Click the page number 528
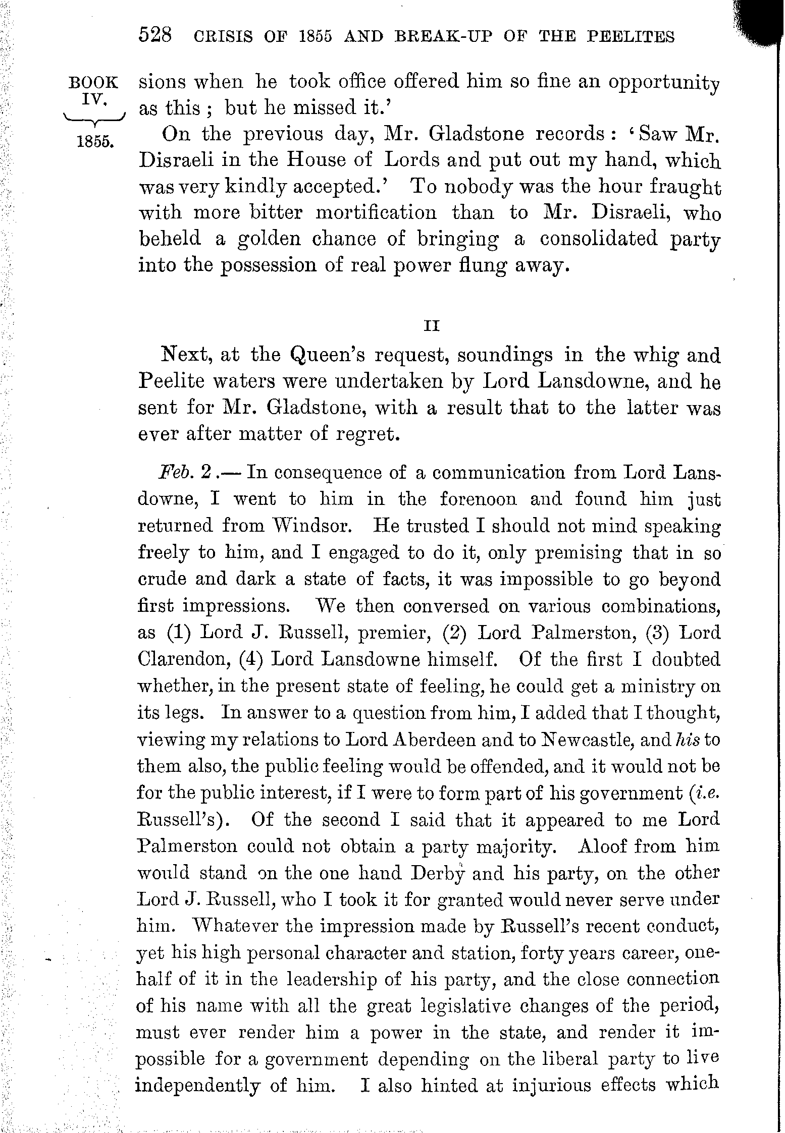pos(155,37)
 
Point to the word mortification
pos(376,212)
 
